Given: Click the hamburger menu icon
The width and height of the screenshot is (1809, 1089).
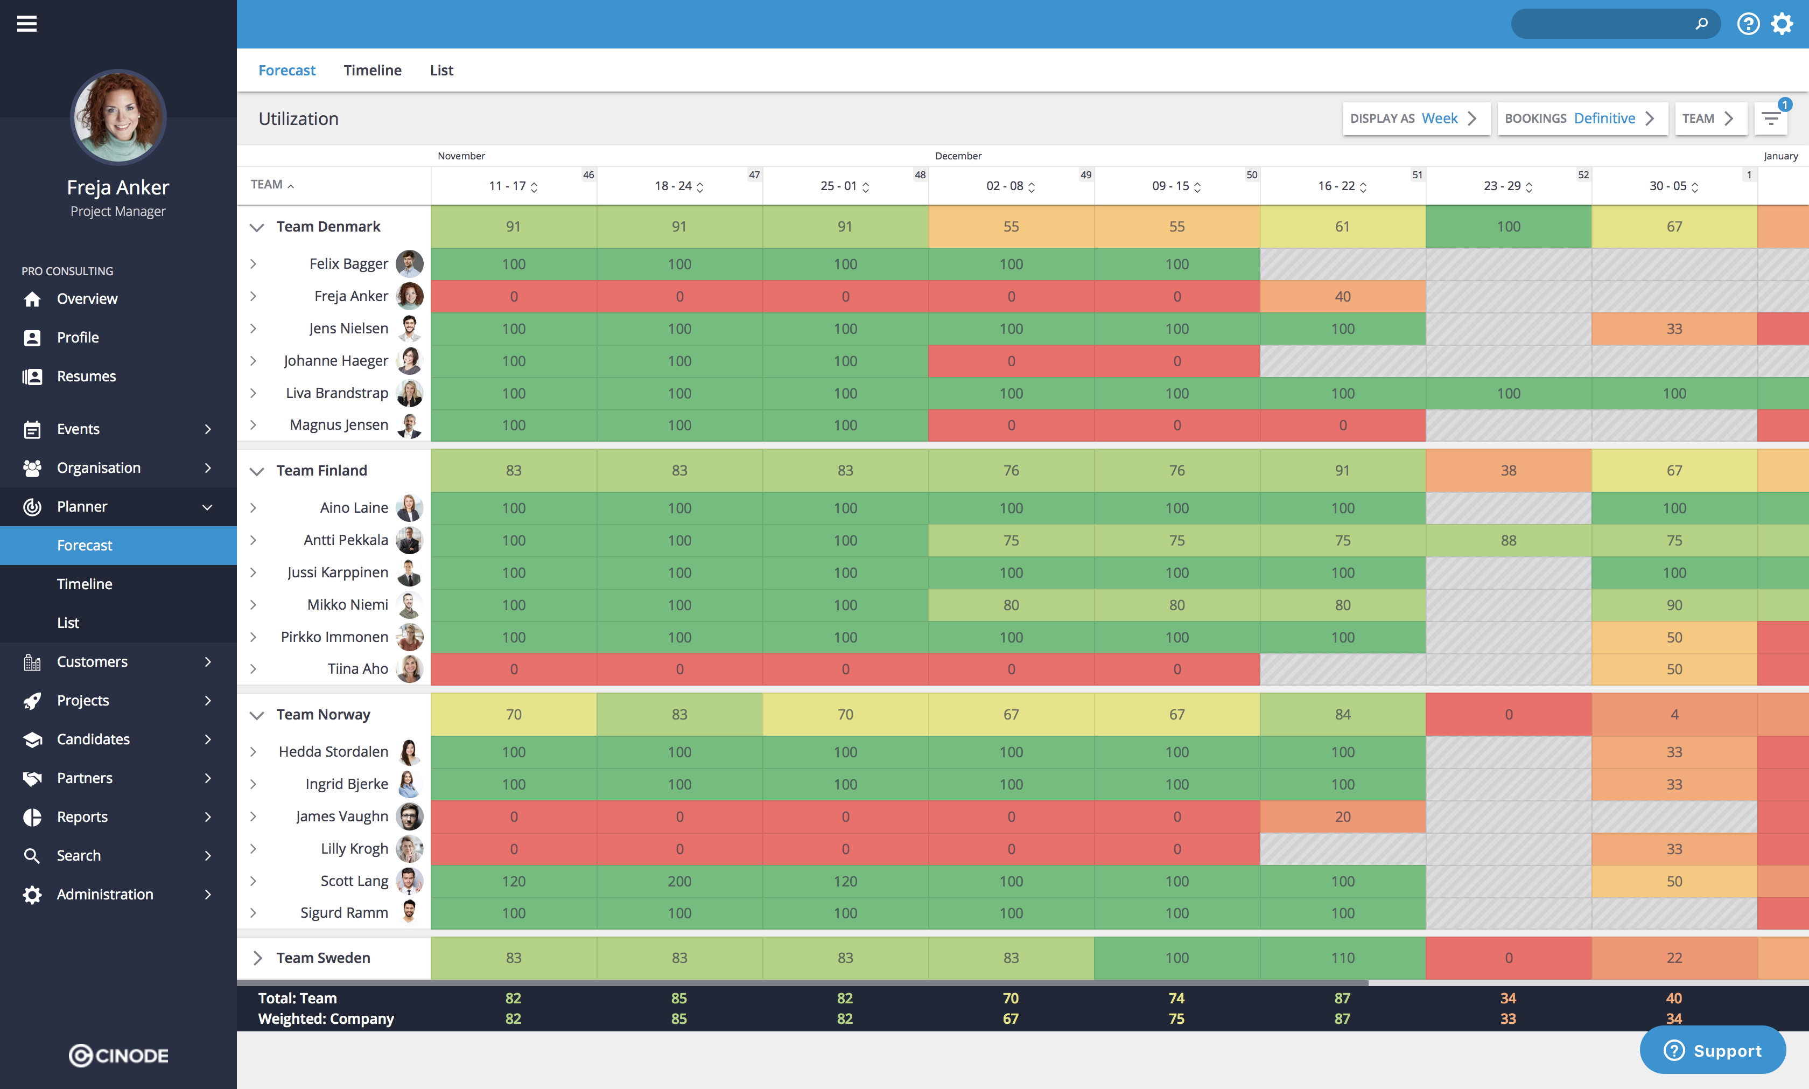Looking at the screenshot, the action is pos(27,24).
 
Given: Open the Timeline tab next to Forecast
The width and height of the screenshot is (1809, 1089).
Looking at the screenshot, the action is pos(373,71).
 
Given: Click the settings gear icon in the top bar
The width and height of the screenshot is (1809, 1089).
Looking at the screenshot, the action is pos(1782,24).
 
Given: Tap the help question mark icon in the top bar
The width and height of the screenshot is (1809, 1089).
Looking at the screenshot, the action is pos(1748,24).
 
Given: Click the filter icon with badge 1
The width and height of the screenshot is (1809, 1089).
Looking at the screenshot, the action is pos(1771,118).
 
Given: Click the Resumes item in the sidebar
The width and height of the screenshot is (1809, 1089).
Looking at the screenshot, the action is pos(87,376).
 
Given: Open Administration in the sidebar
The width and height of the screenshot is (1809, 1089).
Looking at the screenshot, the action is pos(105,895).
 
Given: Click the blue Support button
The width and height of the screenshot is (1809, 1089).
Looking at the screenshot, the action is pos(1713,1051).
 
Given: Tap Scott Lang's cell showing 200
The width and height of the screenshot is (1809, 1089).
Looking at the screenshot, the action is pos(679,881).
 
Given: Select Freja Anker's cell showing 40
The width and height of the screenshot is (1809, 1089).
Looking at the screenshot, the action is pos(1342,296).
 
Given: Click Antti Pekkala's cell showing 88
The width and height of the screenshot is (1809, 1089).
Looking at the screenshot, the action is pos(1508,541).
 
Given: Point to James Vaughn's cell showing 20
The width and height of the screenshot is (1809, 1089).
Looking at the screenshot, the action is pos(1342,816).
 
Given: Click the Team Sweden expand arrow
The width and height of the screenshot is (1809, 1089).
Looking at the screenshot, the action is pos(257,958).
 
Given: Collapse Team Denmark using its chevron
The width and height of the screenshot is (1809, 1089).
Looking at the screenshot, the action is pos(257,227).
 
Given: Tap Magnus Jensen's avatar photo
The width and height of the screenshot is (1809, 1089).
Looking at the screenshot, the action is pos(409,425).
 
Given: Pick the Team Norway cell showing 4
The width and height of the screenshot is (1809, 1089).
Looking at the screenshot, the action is pos(1674,715).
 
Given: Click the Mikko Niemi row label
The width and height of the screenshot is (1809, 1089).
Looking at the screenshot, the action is pos(348,605).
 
